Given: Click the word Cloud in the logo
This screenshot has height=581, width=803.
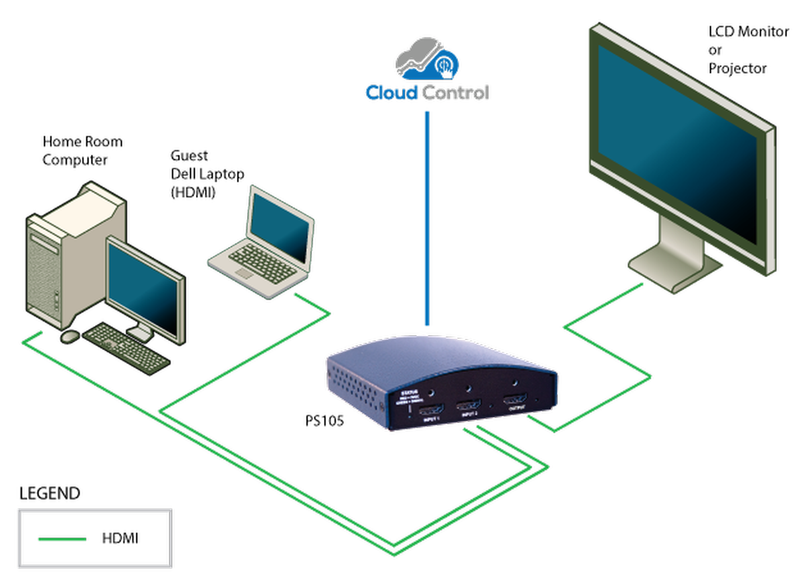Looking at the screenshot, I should [391, 92].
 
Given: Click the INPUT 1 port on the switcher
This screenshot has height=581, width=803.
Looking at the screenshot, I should [431, 410].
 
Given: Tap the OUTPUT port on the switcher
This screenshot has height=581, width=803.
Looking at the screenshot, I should [517, 400].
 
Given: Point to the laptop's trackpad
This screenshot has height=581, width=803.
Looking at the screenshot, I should [244, 274].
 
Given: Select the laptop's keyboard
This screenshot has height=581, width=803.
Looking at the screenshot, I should [264, 262].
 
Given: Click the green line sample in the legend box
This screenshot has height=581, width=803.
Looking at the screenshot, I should [62, 539].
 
